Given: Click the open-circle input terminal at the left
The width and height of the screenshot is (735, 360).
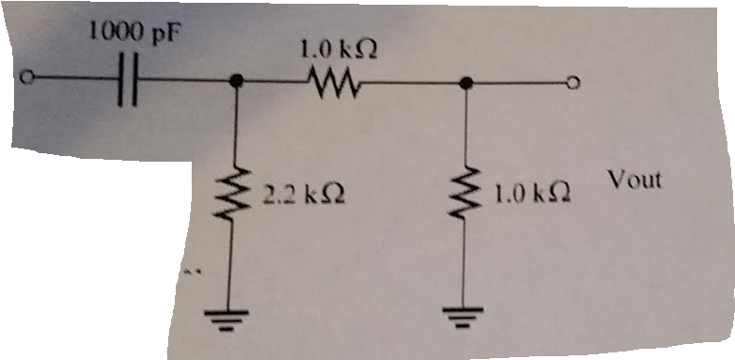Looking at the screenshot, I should pos(29,78).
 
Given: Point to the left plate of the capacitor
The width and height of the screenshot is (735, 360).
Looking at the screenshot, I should pos(123,81).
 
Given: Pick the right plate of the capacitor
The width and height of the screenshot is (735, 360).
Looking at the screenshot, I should pos(135,81).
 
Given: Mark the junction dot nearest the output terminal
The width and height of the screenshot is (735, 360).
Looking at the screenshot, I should pos(464,84).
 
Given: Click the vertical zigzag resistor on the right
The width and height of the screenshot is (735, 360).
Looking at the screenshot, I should pos(463,195).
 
